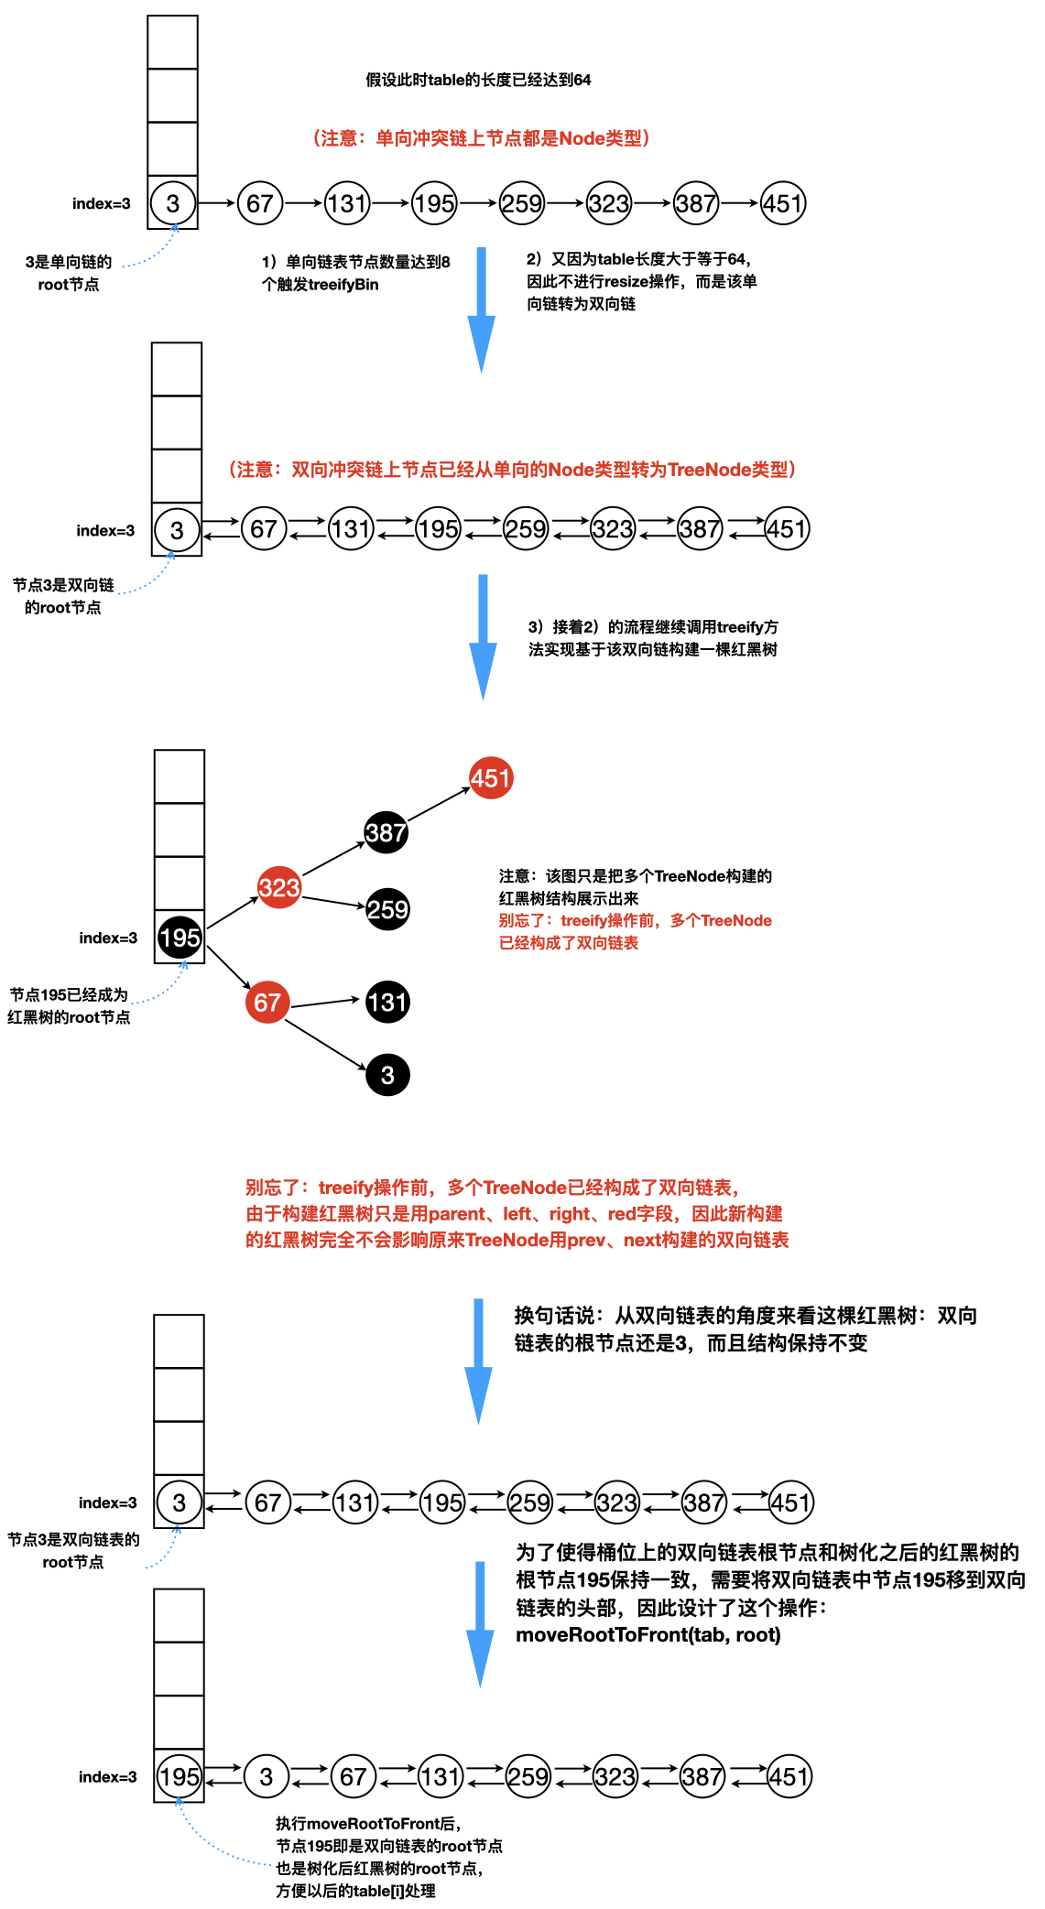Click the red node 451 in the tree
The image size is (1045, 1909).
pyautogui.click(x=491, y=778)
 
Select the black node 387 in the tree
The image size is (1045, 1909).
pyautogui.click(x=386, y=832)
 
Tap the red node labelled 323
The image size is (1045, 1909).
pyautogui.click(x=279, y=887)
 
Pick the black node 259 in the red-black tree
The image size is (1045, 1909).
pyautogui.click(x=387, y=909)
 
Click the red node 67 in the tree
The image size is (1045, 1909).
pyautogui.click(x=267, y=1003)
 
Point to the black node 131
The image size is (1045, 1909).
pyautogui.click(x=387, y=1003)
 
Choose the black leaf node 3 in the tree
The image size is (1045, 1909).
pyautogui.click(x=387, y=1075)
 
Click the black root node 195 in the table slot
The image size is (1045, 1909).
pyautogui.click(x=180, y=938)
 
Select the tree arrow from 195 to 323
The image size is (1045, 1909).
pyautogui.click(x=234, y=913)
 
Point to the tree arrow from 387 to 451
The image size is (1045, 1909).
pyautogui.click(x=439, y=805)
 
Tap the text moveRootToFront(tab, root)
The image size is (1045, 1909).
pyautogui.click(x=648, y=1635)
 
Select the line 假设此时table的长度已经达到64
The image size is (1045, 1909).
pyautogui.click(x=478, y=81)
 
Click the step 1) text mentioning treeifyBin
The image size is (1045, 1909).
pyautogui.click(x=355, y=273)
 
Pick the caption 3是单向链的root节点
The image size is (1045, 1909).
pyautogui.click(x=69, y=273)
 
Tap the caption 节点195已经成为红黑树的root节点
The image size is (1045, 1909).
pyautogui.click(x=69, y=1005)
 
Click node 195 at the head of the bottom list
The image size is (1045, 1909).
pyautogui.click(x=179, y=1777)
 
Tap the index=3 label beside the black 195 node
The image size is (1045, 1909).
pyautogui.click(x=108, y=938)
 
